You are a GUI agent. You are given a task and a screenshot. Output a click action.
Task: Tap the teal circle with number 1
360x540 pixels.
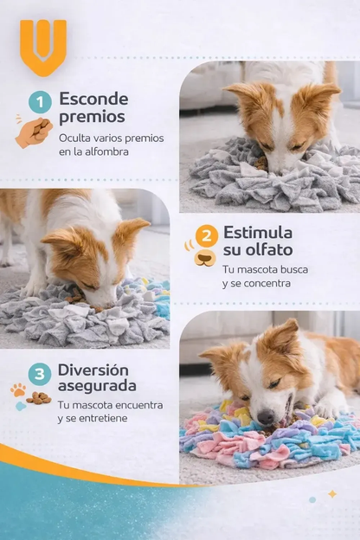coord(40,102)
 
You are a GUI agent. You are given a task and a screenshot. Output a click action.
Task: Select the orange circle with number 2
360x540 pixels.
coord(206,236)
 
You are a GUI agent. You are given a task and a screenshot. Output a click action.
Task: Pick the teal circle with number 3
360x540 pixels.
coord(39,374)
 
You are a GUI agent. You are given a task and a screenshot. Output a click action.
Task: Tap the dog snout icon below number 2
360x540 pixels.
coord(205,258)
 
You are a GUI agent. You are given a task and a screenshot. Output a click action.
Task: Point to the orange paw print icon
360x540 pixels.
coord(18,390)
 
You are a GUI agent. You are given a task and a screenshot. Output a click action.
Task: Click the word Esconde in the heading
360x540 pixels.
coord(93,100)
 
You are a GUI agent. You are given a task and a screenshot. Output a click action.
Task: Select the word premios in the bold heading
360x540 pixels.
coord(92,117)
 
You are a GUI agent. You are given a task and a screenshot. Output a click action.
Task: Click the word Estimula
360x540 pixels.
coord(258,233)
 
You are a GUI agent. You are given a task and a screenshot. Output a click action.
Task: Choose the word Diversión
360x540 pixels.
coord(93,370)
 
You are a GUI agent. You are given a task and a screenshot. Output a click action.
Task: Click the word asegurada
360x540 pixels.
coord(97,386)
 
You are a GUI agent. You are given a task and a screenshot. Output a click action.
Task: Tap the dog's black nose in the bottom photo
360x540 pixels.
coord(266,416)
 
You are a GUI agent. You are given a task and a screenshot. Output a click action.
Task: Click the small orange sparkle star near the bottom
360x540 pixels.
coord(332,494)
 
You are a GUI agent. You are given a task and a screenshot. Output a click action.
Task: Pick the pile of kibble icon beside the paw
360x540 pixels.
coord(39,398)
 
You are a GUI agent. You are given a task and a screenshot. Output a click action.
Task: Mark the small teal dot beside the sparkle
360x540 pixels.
coord(312,499)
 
